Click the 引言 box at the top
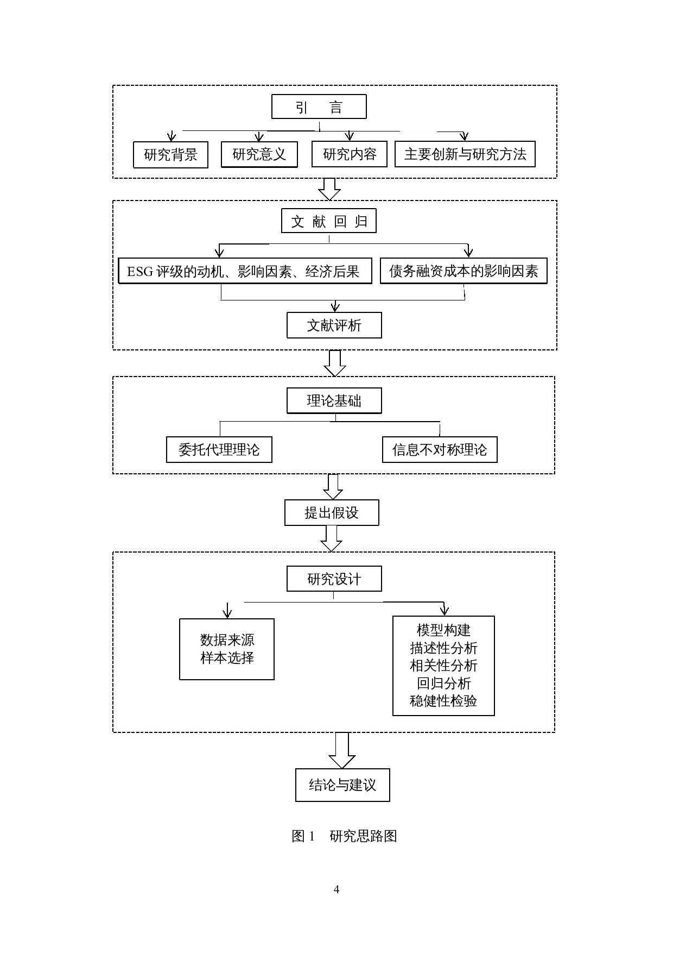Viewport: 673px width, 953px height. coord(319,107)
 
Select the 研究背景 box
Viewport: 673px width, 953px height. coord(170,155)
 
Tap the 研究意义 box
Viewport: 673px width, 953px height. coord(259,154)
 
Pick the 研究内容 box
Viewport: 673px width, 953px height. coord(349,154)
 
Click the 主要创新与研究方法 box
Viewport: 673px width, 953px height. coord(465,154)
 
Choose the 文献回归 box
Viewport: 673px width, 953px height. coord(328,221)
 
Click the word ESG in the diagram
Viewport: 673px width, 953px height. coord(140,272)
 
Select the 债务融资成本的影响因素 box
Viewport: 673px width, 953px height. coord(463,271)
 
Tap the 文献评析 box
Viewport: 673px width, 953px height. coord(334,325)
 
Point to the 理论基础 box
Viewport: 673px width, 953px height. coord(334,401)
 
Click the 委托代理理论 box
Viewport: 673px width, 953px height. coord(219,450)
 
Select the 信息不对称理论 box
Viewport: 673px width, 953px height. coord(440,450)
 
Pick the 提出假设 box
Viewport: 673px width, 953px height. coord(332,513)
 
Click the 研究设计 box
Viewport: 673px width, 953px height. coord(334,579)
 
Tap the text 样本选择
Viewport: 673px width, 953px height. coord(227,658)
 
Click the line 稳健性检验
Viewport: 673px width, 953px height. coord(443,701)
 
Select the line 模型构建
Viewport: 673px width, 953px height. coord(443,630)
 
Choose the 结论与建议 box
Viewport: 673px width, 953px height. coord(342,785)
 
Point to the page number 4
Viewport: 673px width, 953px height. coord(336,889)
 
